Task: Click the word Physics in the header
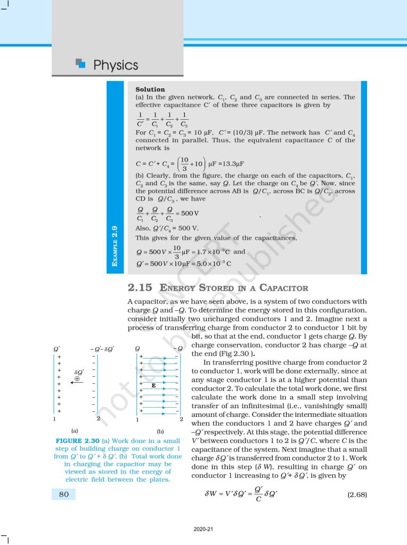pyautogui.click(x=116, y=65)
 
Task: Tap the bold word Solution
pyautogui.click(x=150, y=89)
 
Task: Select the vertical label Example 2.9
pyautogui.click(x=115, y=246)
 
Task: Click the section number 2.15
pyautogui.click(x=140, y=288)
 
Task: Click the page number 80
pyautogui.click(x=63, y=494)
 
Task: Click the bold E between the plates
pyautogui.click(x=153, y=384)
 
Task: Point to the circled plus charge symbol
pyautogui.click(x=77, y=379)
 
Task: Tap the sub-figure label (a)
pyautogui.click(x=75, y=430)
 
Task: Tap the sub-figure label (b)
pyautogui.click(x=159, y=430)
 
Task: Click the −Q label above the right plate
pyautogui.click(x=178, y=349)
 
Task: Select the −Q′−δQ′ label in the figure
pyautogui.click(x=103, y=349)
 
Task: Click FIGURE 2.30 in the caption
pyautogui.click(x=75, y=441)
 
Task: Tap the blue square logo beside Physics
pyautogui.click(x=80, y=64)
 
